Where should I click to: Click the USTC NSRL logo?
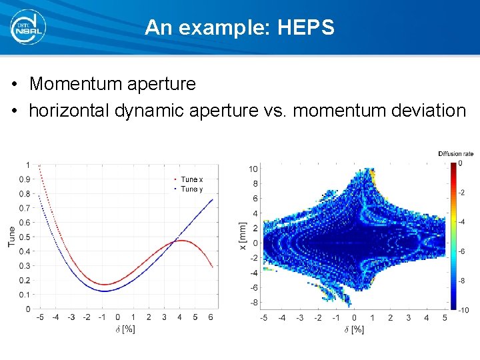pos(28,27)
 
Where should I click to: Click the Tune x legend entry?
pos(192,179)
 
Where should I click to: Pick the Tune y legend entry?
pos(192,189)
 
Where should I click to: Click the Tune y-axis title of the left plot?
pos(11,237)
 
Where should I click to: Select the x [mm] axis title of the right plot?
pos(242,237)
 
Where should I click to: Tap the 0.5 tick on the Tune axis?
pos(24,237)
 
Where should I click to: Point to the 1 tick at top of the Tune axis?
pos(27,165)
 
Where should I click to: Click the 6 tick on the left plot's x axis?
pos(210,317)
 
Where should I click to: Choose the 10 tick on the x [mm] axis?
pos(253,168)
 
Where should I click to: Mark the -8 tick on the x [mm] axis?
pos(253,303)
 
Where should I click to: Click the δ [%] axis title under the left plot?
pos(125,329)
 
